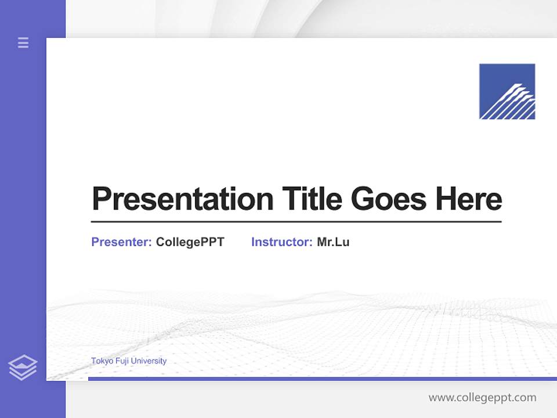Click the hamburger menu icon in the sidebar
click(23, 42)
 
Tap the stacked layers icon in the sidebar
click(23, 368)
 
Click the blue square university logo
click(507, 91)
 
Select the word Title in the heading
click(312, 199)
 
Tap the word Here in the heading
click(469, 199)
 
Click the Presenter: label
click(121, 242)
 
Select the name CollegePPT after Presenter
click(190, 242)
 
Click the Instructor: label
click(281, 242)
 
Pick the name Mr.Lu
click(333, 242)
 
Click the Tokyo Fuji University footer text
click(129, 361)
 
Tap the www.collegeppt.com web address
click(482, 398)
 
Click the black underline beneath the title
click(296, 221)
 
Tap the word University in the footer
click(149, 361)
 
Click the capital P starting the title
click(101, 199)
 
